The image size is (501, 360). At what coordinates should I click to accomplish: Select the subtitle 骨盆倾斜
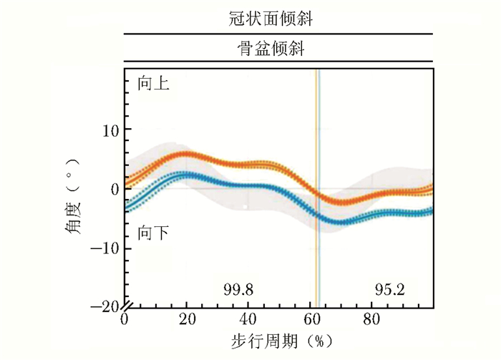(278, 50)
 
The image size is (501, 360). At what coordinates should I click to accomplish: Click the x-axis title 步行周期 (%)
(280, 336)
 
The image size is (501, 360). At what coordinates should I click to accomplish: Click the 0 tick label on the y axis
(115, 189)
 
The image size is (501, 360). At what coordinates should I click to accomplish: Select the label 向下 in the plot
(153, 233)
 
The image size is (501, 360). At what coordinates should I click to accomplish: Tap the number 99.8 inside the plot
(239, 290)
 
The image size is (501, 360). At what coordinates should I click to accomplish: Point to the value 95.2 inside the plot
(389, 290)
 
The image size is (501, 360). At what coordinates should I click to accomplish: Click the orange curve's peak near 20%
(185, 154)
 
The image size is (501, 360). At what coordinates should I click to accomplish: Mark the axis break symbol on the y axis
(125, 301)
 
